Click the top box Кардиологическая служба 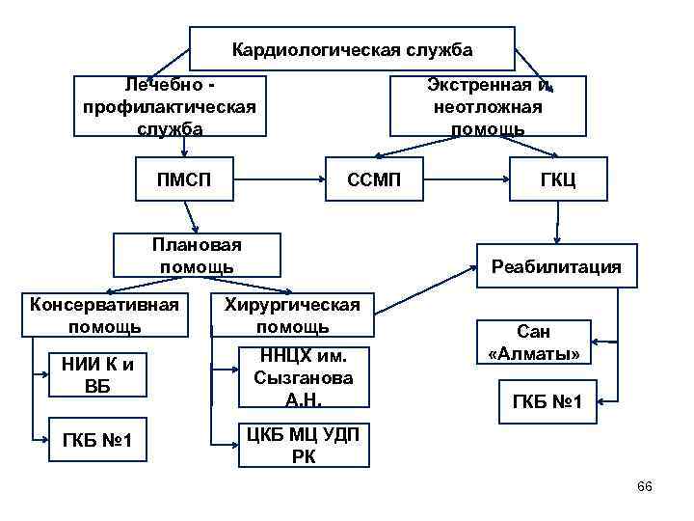352,48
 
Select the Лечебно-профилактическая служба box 170,106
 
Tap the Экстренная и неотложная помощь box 486,106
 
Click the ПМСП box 184,178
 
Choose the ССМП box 374,178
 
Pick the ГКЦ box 558,178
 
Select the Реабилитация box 556,266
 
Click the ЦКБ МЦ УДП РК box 304,444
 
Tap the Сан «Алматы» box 535,342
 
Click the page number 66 645,486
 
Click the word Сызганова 303,378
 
